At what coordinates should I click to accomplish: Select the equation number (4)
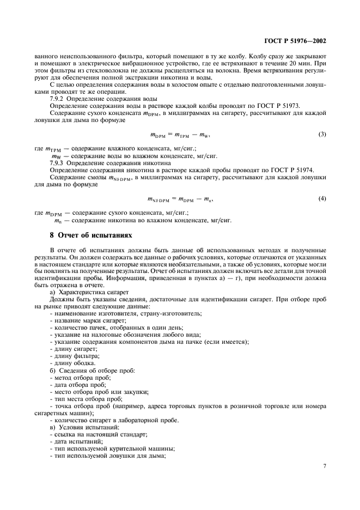click(x=322, y=198)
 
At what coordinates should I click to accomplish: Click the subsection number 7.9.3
click(x=59, y=163)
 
